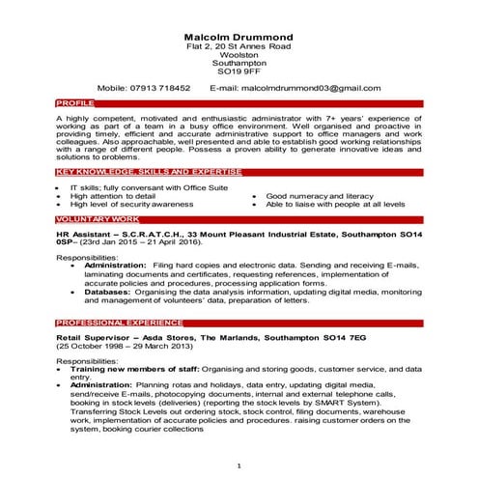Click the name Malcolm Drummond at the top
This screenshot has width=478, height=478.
pos(239,37)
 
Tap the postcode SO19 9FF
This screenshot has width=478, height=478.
pos(239,70)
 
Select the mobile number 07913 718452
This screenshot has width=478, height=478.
pos(159,87)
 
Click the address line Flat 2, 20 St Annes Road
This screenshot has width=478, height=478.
pos(239,45)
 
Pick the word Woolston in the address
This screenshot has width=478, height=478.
pos(239,54)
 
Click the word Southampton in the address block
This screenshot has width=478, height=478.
pos(239,63)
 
